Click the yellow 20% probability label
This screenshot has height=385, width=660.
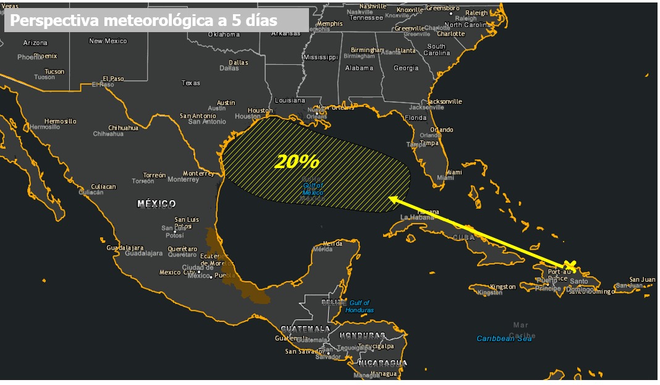point(297,162)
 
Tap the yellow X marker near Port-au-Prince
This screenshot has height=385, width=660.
point(570,265)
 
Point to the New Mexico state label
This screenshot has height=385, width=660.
point(108,41)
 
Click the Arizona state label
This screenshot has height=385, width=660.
point(35,43)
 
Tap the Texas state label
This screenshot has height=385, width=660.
point(191,83)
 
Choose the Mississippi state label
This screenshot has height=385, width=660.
point(321,57)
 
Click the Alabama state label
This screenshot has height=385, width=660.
point(359,68)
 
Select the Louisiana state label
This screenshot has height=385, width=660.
point(290,100)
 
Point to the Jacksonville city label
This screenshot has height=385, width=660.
point(444,101)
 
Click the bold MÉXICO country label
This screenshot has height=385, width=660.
point(156,203)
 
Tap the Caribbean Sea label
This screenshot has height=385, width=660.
point(504,338)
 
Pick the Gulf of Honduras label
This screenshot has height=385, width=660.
point(359,306)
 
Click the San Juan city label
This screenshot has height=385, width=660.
point(642,279)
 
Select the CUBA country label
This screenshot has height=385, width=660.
point(463,237)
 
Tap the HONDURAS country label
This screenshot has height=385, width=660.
point(362,336)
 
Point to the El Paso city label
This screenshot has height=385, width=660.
point(114,78)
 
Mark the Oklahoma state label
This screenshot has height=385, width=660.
point(224,35)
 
